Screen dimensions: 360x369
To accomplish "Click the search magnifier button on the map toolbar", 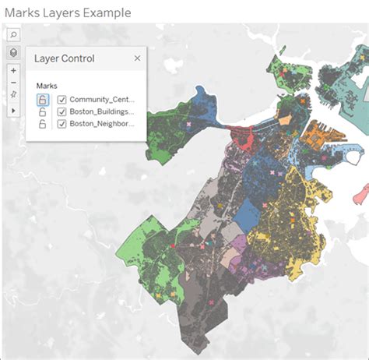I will pos(14,36).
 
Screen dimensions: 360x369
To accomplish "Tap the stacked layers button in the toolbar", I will pos(14,52).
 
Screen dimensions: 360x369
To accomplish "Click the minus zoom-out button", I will pos(14,83).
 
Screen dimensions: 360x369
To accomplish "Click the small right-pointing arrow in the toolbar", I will pos(14,111).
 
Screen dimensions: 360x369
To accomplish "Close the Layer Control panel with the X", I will pos(138,58).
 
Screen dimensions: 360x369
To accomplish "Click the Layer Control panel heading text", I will pos(65,58).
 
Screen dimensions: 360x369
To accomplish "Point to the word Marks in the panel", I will pos(47,86).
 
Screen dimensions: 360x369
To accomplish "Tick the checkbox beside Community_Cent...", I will pos(61,100).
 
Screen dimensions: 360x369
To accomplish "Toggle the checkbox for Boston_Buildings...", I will pos(61,111).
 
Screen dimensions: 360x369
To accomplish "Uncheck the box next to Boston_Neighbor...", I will pos(61,123).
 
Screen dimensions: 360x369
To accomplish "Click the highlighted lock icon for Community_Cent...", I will pos(42,100).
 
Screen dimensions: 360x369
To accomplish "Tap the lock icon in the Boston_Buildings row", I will pos(42,111).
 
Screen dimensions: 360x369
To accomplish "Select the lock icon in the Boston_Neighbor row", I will pos(42,123).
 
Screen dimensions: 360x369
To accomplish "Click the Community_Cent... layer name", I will pos(102,100).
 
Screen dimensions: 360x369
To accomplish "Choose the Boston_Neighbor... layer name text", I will pos(102,123).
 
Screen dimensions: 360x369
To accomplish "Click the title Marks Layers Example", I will pos(68,12).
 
